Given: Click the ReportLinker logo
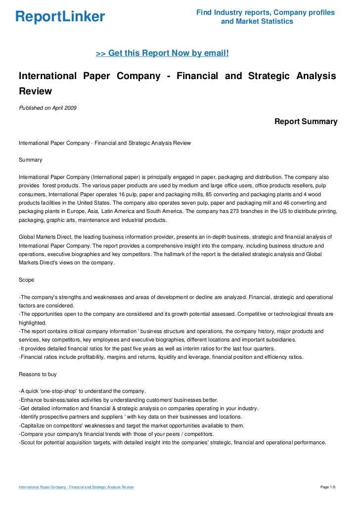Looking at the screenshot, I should coord(60,17).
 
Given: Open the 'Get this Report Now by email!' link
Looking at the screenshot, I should coord(162,53).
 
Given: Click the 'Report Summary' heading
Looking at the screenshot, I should coord(306,121).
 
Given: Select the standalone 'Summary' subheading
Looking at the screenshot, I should coord(30,160).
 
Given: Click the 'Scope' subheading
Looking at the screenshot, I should coord(26,280).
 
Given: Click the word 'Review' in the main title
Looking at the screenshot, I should coord(35,91).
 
